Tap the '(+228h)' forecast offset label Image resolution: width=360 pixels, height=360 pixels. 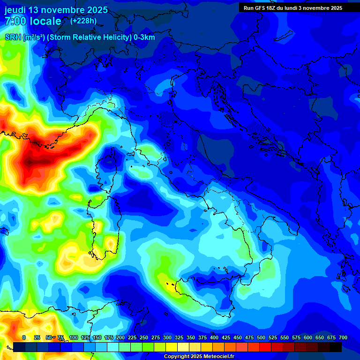coord(83,21)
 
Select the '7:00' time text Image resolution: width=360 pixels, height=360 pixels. coord(16,21)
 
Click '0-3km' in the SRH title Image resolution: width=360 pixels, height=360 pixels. coord(144,37)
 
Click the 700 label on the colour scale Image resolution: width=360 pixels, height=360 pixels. coord(343,337)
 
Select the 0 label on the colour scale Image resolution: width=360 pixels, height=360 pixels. coord(24,337)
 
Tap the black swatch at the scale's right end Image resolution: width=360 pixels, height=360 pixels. coord(336,347)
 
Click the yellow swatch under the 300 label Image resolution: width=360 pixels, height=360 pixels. coord(172,347)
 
